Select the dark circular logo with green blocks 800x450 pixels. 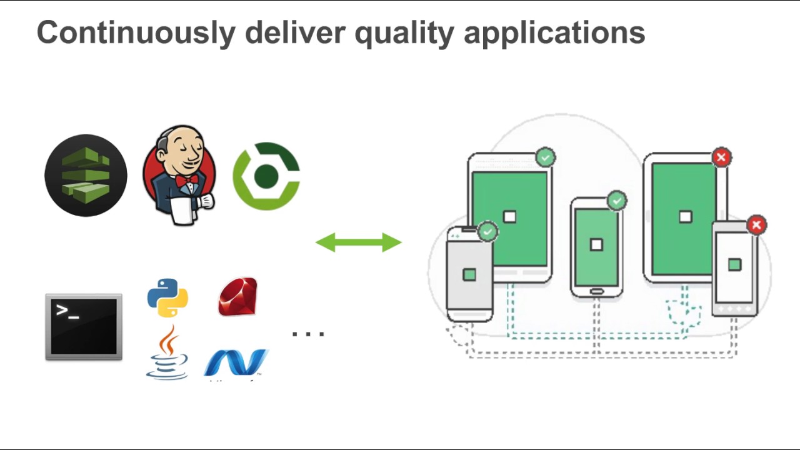pyautogui.click(x=86, y=176)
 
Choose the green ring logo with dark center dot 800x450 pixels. pyautogui.click(x=266, y=176)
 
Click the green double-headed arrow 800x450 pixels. pyautogui.click(x=358, y=242)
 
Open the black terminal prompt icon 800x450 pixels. pyautogui.click(x=84, y=327)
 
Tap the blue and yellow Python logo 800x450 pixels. pyautogui.click(x=167, y=297)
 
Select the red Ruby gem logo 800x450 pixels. pyautogui.click(x=238, y=297)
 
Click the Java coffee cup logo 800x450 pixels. pyautogui.click(x=167, y=353)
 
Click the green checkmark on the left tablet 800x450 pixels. pyautogui.click(x=546, y=157)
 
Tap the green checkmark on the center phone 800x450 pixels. pyautogui.click(x=617, y=201)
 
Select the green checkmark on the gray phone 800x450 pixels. pyautogui.click(x=487, y=232)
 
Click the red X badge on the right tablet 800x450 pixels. pyautogui.click(x=721, y=157)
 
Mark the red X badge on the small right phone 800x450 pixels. pyautogui.click(x=756, y=225)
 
